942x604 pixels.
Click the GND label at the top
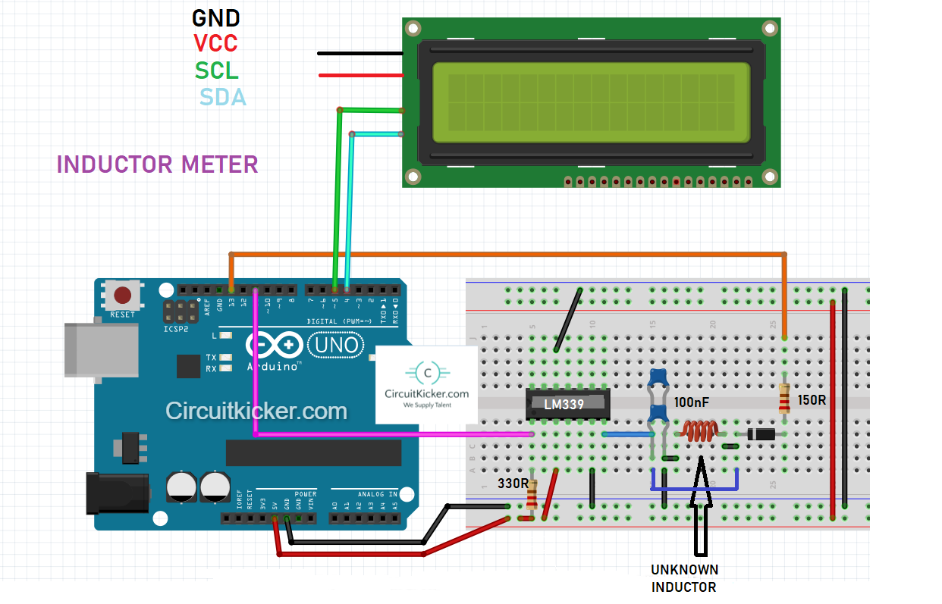[216, 17]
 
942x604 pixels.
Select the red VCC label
[216, 42]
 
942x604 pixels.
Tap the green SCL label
[217, 70]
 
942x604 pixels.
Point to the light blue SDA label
[223, 97]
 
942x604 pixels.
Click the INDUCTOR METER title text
[157, 164]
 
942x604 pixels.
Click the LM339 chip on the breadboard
[568, 404]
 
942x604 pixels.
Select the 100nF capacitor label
[692, 402]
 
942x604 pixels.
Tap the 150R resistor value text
[812, 399]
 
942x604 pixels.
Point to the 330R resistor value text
[512, 483]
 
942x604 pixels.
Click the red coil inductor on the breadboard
[699, 431]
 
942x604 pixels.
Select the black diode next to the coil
[760, 434]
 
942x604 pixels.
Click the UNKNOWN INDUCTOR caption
[684, 578]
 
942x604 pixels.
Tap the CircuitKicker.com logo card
[426, 385]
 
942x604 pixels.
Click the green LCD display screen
[591, 102]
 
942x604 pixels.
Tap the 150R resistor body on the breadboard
[784, 398]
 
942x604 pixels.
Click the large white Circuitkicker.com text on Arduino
[256, 412]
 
